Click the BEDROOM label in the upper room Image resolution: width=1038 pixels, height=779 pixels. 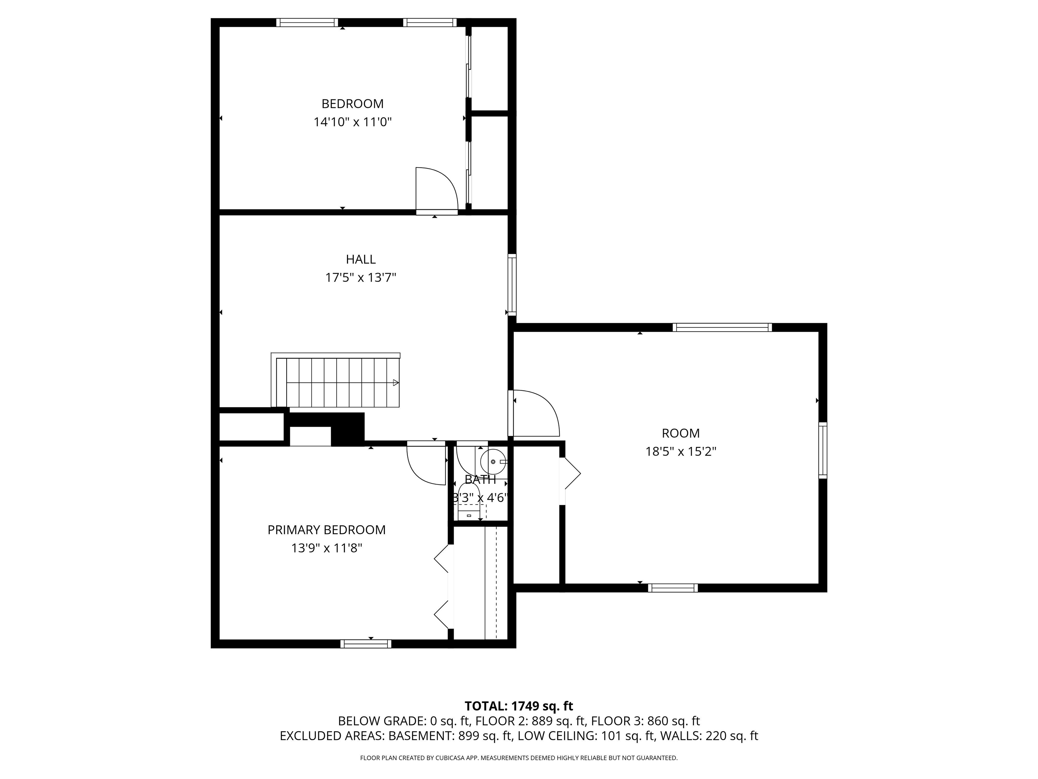(352, 104)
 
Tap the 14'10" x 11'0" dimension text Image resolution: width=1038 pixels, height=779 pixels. (352, 122)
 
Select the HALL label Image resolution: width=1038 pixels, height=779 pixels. (361, 259)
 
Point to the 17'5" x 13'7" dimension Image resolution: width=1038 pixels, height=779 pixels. (361, 278)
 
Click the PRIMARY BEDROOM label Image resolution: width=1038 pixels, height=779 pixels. (327, 530)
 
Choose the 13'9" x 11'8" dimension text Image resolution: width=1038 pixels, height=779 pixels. (327, 548)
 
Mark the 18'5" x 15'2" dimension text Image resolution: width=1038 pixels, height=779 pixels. (681, 452)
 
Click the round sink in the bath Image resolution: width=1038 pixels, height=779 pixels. (494, 462)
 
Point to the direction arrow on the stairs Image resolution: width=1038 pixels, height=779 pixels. (396, 383)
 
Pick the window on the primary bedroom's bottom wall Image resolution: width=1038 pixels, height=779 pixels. (366, 644)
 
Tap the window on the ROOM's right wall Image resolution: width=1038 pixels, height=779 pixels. (823, 450)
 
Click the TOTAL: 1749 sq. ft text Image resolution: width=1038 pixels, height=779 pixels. (519, 719)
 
